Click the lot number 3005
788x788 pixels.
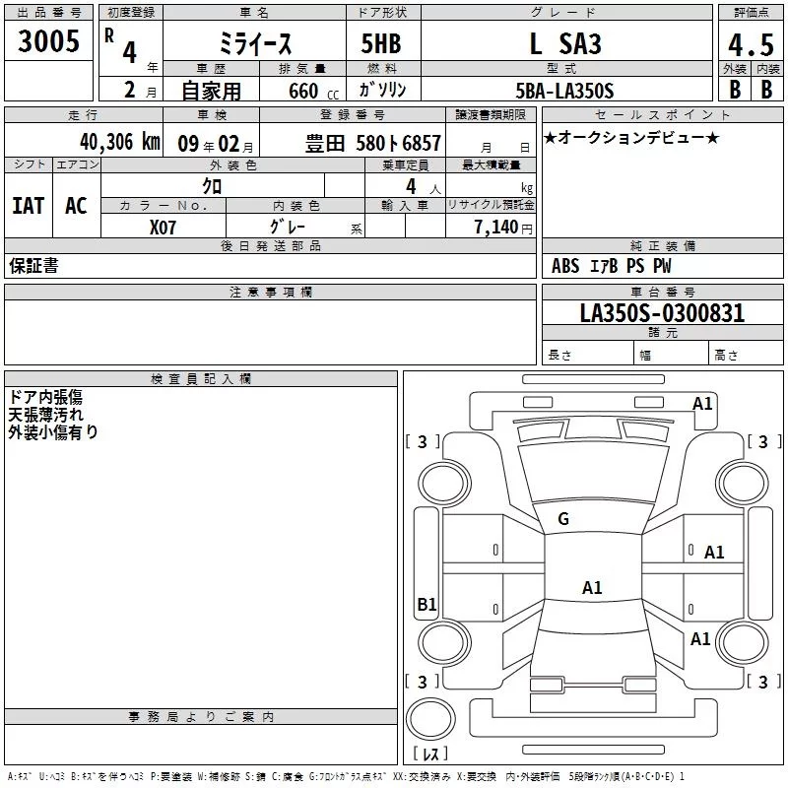(x=49, y=42)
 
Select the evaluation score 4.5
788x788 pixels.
(x=750, y=45)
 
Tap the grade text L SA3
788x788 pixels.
(x=565, y=44)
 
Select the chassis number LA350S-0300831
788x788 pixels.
(x=662, y=313)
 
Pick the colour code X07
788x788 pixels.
(x=164, y=227)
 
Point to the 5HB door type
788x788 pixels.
(x=381, y=44)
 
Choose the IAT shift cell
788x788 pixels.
(x=28, y=206)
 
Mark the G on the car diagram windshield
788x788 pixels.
(x=563, y=519)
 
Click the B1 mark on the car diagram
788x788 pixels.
(x=427, y=605)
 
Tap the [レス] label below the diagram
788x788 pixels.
(x=430, y=754)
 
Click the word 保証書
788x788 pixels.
(x=33, y=266)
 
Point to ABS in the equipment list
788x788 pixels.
(x=565, y=266)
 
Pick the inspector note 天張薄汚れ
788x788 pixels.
(x=45, y=414)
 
